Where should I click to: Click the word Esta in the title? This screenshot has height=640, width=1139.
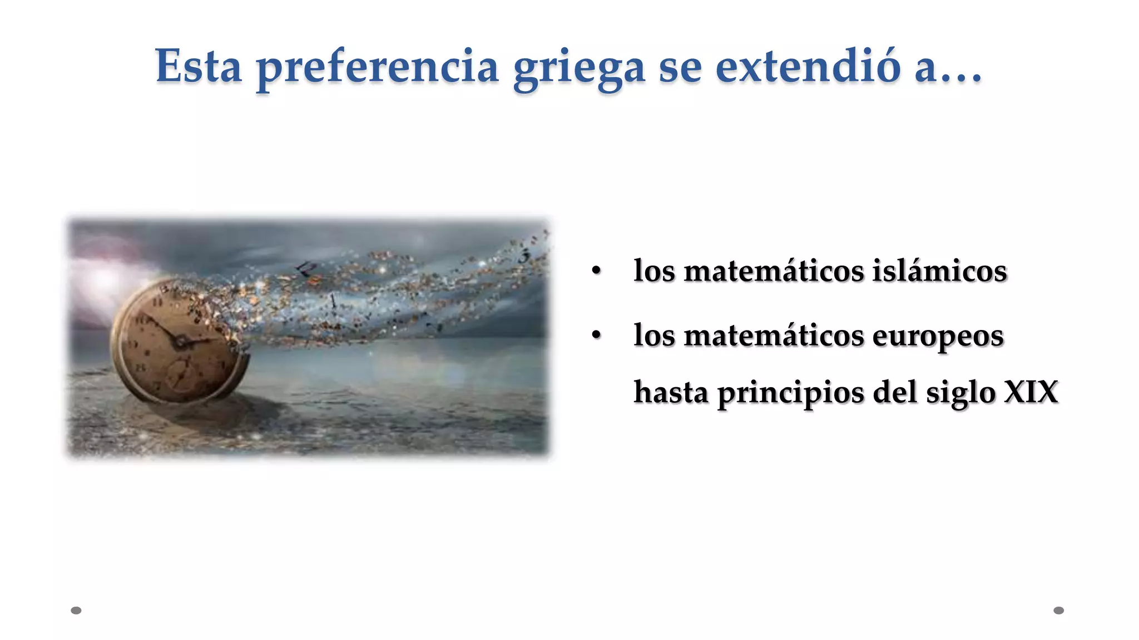tap(199, 66)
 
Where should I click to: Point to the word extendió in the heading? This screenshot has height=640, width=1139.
tap(808, 66)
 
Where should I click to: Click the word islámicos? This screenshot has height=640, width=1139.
tap(939, 271)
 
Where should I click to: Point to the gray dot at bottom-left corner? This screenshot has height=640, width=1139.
tap(76, 611)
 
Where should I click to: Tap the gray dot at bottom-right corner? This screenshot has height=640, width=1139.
tap(1059, 611)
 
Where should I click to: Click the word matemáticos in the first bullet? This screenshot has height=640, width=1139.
tap(774, 271)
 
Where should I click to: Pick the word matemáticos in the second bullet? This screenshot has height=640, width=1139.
tap(774, 336)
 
